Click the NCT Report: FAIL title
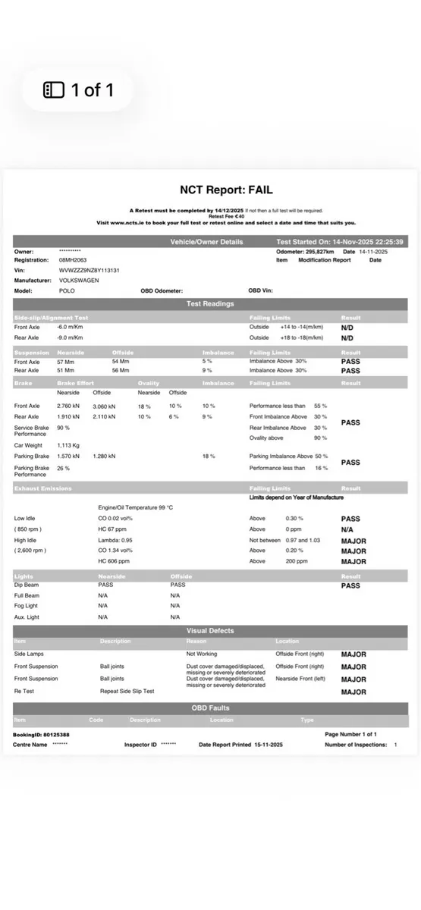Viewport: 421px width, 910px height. tap(225, 190)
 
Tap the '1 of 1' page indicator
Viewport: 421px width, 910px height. tap(79, 90)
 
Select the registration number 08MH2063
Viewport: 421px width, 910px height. tap(73, 259)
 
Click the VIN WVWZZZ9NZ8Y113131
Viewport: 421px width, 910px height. tap(90, 270)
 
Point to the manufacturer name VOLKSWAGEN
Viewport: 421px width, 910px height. tap(79, 280)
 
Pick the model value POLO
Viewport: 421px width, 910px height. tap(67, 290)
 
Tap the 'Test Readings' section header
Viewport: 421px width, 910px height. tap(210, 303)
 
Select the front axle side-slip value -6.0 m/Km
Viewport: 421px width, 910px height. tap(70, 327)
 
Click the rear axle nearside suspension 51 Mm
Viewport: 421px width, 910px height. tap(66, 371)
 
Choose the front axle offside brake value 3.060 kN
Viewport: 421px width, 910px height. tap(105, 406)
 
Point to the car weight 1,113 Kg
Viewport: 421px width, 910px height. tap(68, 445)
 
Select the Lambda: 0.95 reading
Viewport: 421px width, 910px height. tap(116, 541)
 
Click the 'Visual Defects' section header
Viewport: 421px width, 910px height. tap(210, 630)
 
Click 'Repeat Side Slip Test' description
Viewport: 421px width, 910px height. tap(127, 692)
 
